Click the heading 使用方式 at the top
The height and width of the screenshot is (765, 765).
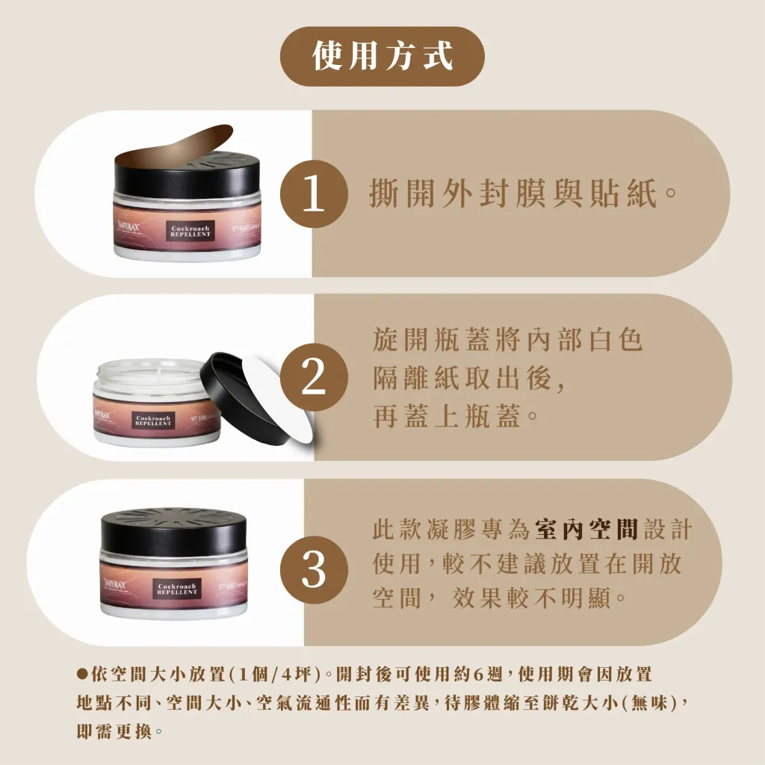pos(382,56)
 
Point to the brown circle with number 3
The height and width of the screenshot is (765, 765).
pos(314,572)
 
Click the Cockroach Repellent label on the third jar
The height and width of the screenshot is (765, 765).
pos(177,588)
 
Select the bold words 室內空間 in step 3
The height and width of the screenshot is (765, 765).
pos(586,530)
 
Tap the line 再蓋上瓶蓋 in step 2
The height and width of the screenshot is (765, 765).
pos(456,416)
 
